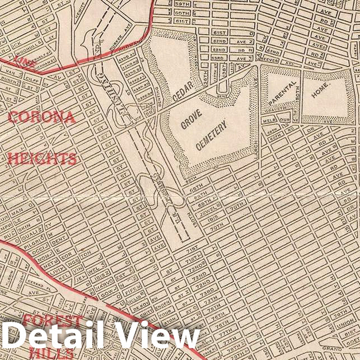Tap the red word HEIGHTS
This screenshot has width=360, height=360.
click(42, 158)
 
